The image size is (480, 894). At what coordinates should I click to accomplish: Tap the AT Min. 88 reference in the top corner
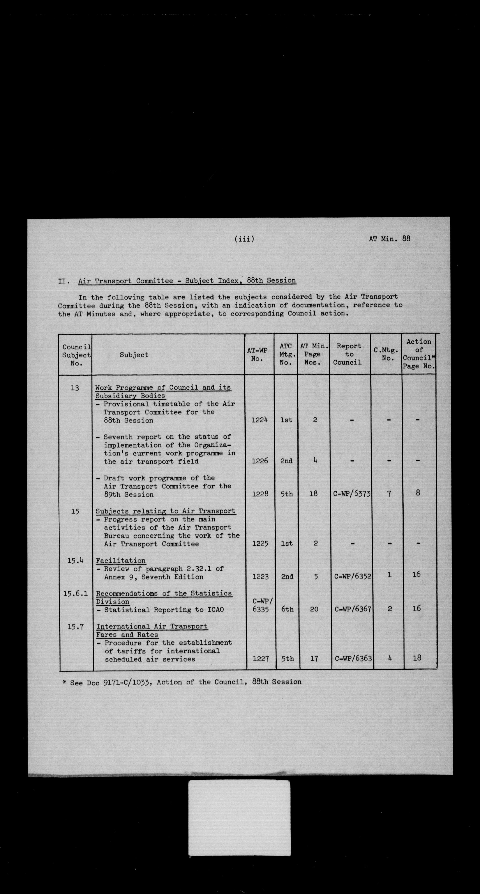[389, 239]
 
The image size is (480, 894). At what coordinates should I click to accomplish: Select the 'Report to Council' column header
[348, 354]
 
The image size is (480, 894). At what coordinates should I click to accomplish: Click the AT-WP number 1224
[260, 420]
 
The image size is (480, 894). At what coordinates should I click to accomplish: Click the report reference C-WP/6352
[352, 576]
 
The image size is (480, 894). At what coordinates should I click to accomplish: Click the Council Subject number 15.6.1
[75, 593]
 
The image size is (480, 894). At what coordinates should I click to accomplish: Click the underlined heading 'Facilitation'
[121, 561]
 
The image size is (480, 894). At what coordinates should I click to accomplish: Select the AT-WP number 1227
[261, 658]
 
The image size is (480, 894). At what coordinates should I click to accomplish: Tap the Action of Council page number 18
[417, 658]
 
